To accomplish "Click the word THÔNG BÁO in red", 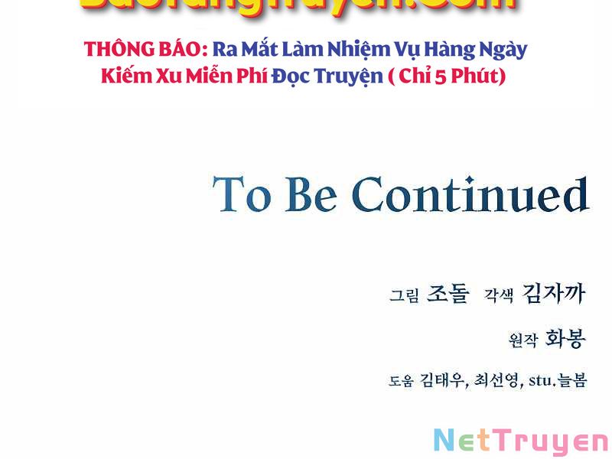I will tap(146, 50).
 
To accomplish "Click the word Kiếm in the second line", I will tap(125, 77).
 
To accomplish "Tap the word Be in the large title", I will tap(311, 195).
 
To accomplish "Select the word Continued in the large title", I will tap(470, 195).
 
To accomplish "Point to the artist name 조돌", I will tap(448, 294).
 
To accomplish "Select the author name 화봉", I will tap(565, 339).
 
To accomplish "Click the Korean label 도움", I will tap(401, 381).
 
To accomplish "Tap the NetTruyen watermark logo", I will tap(520, 441).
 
